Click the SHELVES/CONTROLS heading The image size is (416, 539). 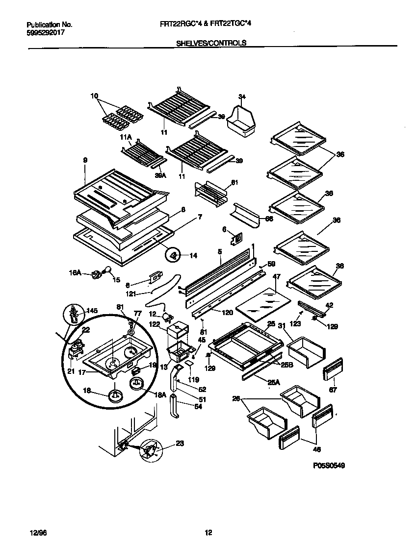(x=211, y=43)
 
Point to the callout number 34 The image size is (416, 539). (x=241, y=96)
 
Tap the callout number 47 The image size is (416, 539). (x=276, y=277)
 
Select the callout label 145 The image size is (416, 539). (x=92, y=310)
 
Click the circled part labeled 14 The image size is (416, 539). (x=173, y=255)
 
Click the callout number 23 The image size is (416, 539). (x=180, y=444)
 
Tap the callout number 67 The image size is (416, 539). (x=333, y=390)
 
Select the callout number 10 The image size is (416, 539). (x=94, y=96)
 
